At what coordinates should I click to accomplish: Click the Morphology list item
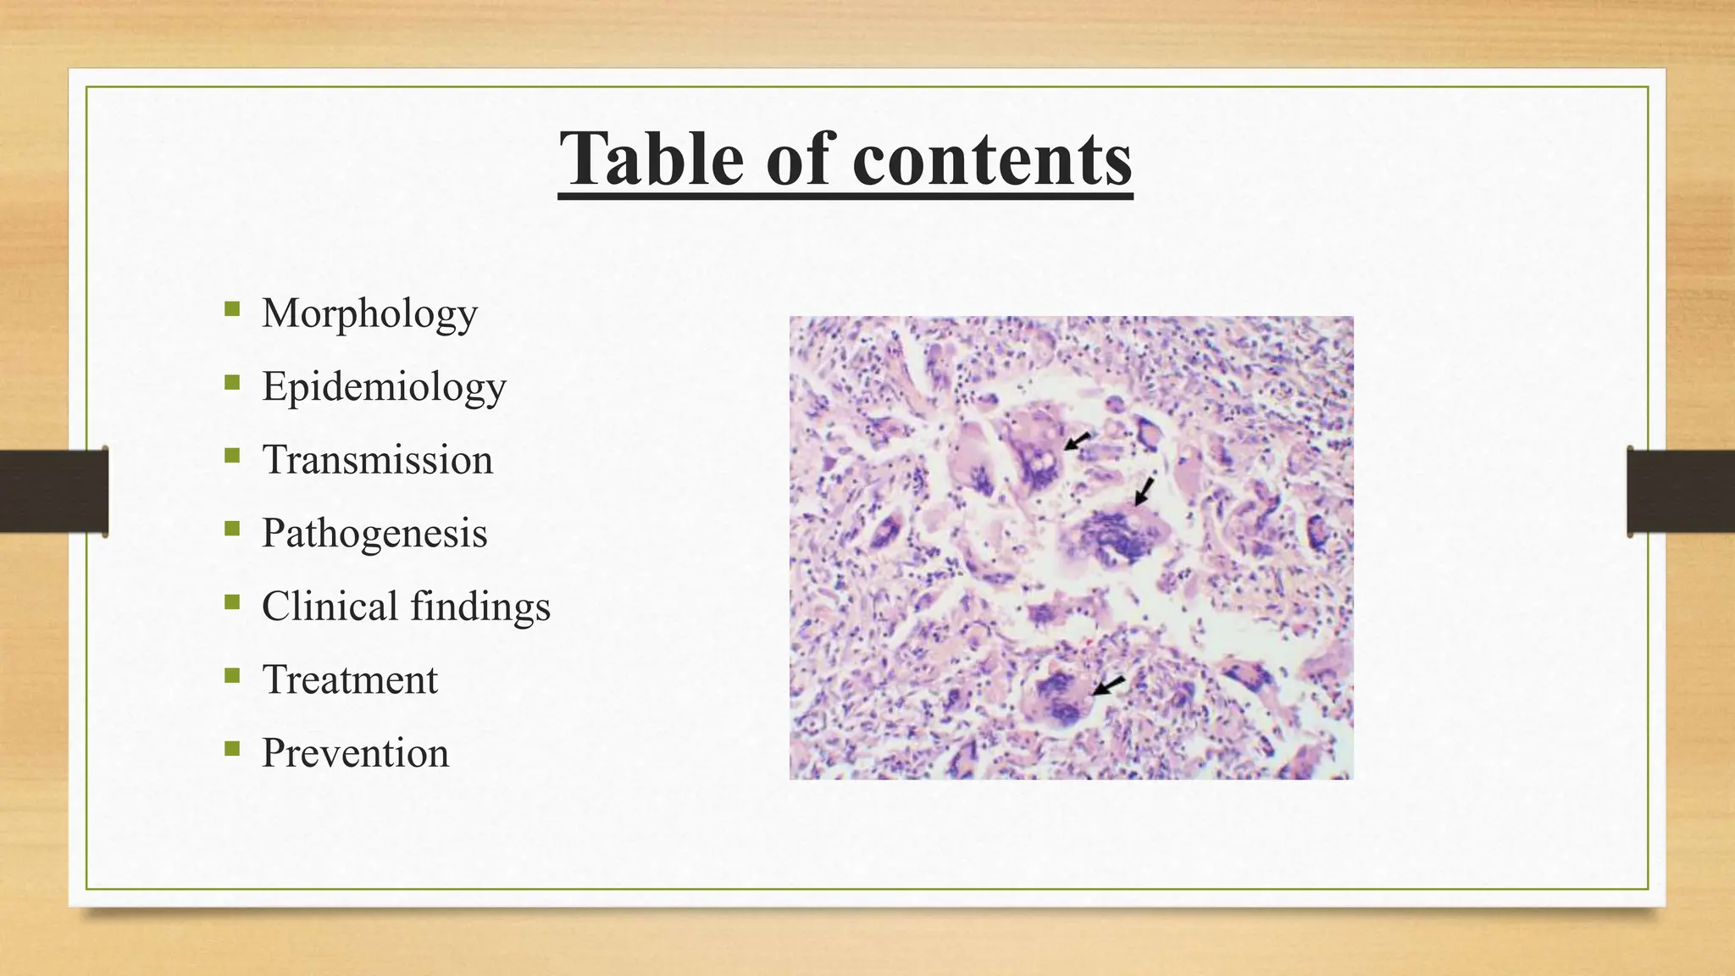click(x=369, y=314)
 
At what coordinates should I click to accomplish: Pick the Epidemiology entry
click(x=384, y=387)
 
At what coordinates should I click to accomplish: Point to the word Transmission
click(x=377, y=460)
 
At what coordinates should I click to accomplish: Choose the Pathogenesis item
click(x=374, y=534)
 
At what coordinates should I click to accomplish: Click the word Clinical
click(x=330, y=607)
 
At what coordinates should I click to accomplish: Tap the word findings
click(x=480, y=607)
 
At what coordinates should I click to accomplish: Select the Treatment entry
click(x=350, y=679)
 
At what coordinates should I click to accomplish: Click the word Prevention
click(x=355, y=753)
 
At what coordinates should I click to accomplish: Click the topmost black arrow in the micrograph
click(x=1077, y=441)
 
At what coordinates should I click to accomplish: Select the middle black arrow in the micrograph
click(x=1144, y=491)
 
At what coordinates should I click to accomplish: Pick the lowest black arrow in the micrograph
click(x=1108, y=685)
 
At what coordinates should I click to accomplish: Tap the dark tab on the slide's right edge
click(x=1681, y=491)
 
